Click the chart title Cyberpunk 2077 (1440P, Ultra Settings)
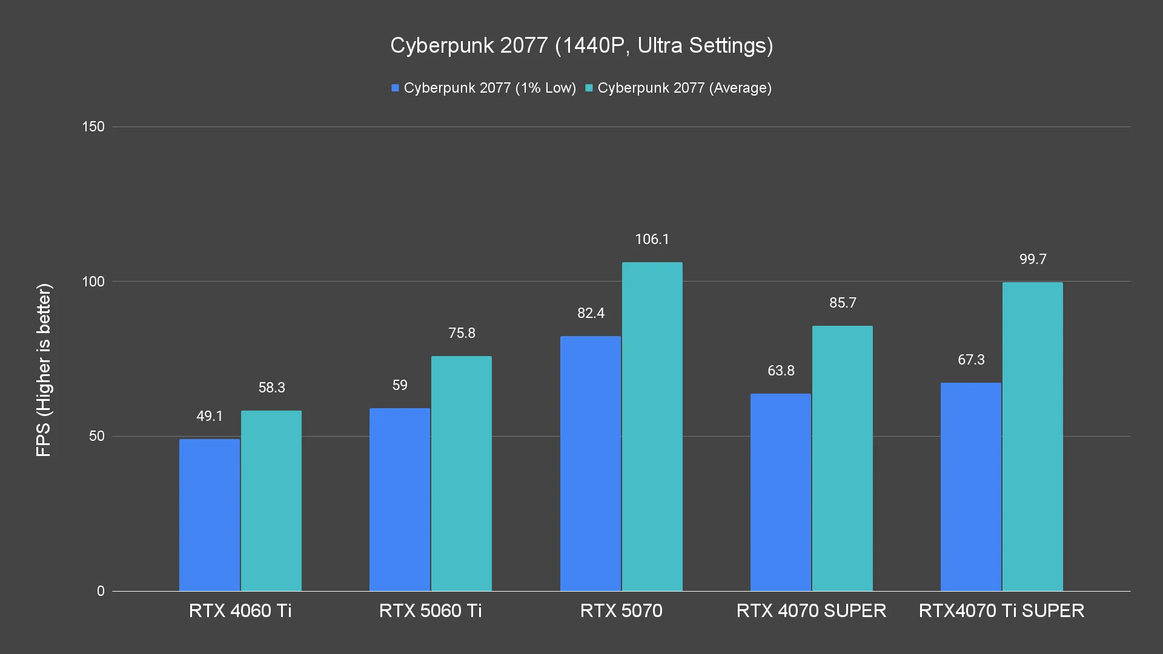click(x=581, y=45)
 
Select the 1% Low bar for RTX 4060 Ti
click(x=210, y=515)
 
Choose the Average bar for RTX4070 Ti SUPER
click(x=1032, y=437)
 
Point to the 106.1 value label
click(x=652, y=239)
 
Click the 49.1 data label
click(x=210, y=416)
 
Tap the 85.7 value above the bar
click(x=843, y=303)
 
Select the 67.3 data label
click(x=971, y=360)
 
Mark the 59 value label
click(x=400, y=385)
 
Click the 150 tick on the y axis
click(x=93, y=127)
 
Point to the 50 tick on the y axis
click(x=97, y=436)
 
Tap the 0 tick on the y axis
click(x=101, y=591)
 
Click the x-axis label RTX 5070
click(x=621, y=610)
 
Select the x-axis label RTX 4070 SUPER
click(x=811, y=610)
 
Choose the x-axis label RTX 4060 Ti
click(x=240, y=610)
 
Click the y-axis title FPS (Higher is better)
click(x=44, y=370)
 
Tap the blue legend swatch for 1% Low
click(x=396, y=88)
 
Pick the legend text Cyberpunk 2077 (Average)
click(x=684, y=88)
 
